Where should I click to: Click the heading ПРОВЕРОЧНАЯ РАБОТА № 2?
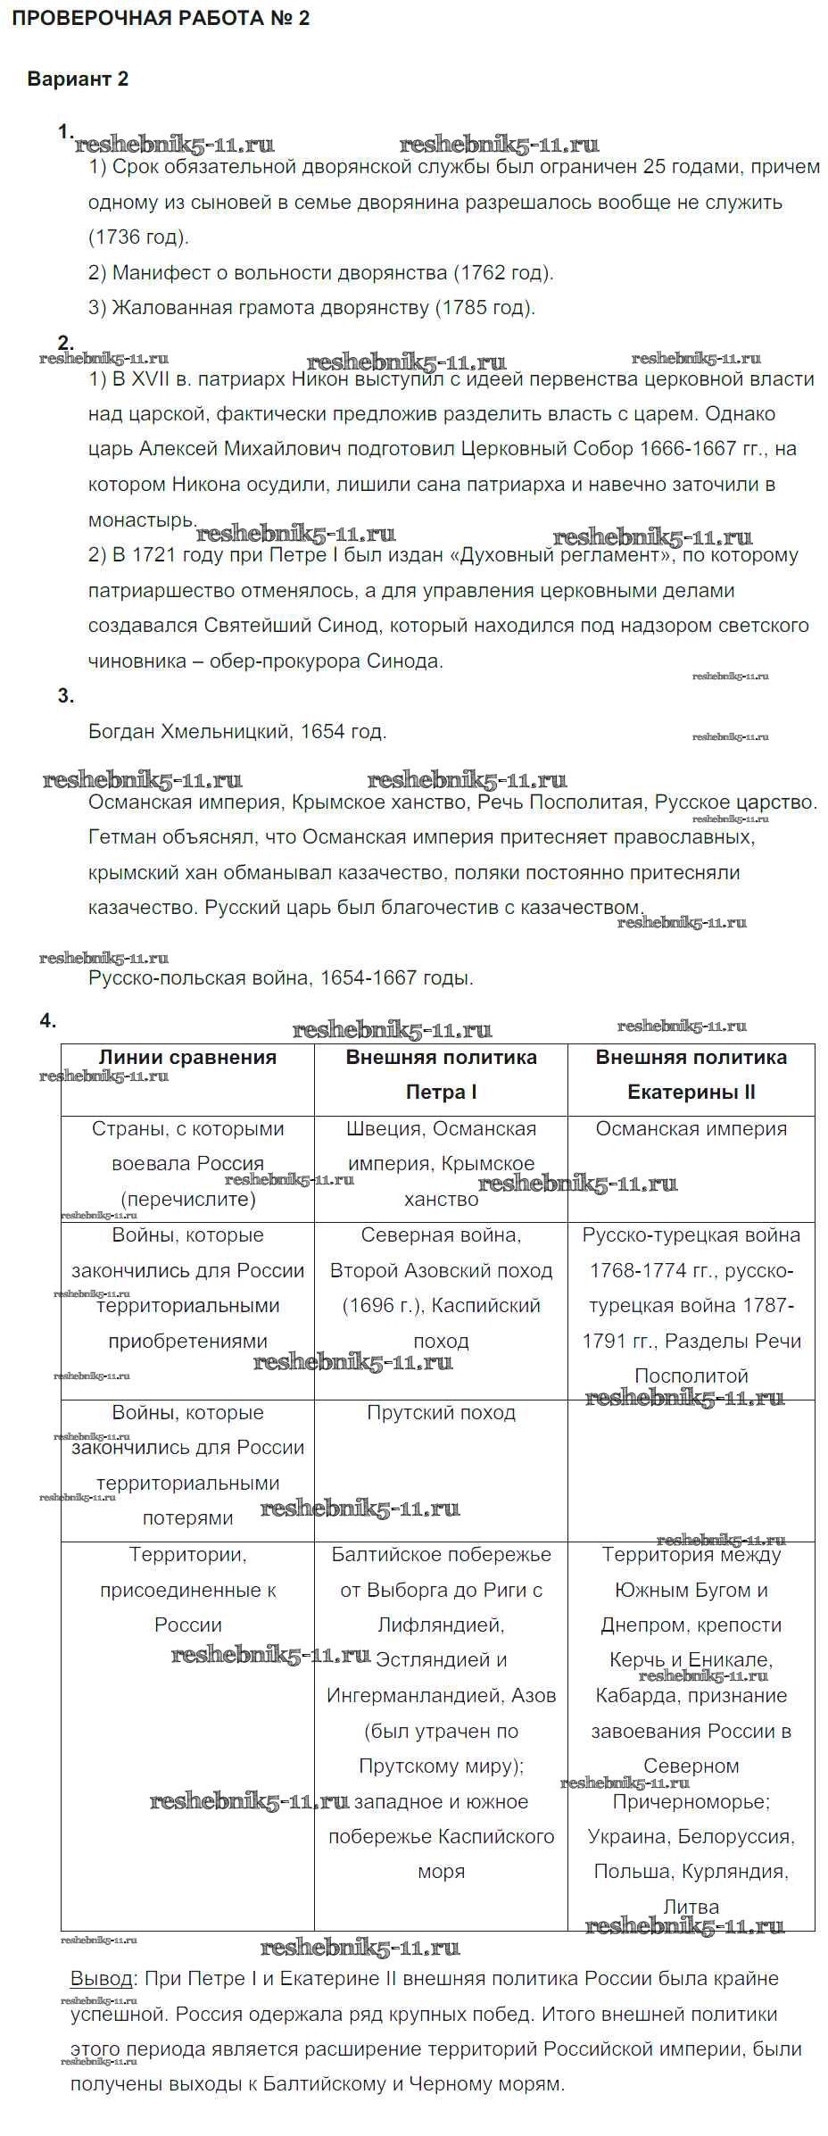(x=161, y=19)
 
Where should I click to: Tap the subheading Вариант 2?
(x=78, y=79)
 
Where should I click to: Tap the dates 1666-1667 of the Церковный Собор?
(x=687, y=449)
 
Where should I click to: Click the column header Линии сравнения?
(x=187, y=1058)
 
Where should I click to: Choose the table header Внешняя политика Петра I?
(x=441, y=1075)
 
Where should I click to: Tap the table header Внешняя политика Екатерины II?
(x=691, y=1075)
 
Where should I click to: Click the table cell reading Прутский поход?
(x=441, y=1413)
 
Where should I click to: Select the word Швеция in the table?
(x=377, y=1129)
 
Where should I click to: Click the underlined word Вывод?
(x=101, y=1979)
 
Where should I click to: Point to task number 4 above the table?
(x=48, y=1021)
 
